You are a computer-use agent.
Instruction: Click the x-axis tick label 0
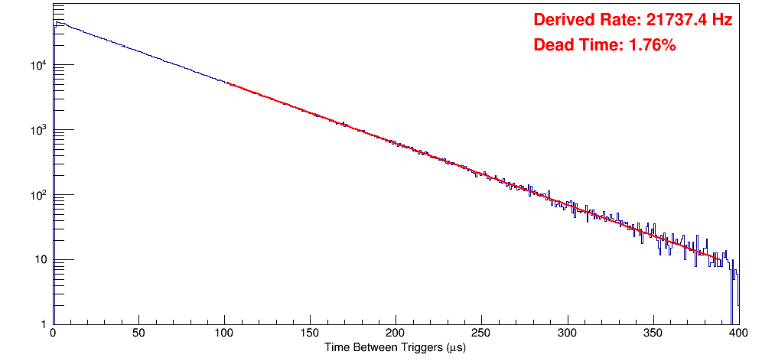click(53, 334)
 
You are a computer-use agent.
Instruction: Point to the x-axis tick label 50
click(138, 334)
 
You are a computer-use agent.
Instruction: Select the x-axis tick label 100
click(224, 334)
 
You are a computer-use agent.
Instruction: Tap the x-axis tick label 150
click(310, 334)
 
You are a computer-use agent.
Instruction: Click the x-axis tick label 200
click(396, 334)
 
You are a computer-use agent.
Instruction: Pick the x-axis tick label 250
click(481, 334)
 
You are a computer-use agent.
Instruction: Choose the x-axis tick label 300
click(567, 334)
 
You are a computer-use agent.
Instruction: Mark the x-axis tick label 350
click(653, 334)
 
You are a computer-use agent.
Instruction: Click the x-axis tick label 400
click(738, 334)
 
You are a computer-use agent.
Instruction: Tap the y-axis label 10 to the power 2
click(41, 195)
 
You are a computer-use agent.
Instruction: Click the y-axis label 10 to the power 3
click(41, 130)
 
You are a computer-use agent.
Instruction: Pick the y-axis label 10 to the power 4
click(41, 65)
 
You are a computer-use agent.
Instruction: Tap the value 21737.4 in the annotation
click(672, 21)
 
